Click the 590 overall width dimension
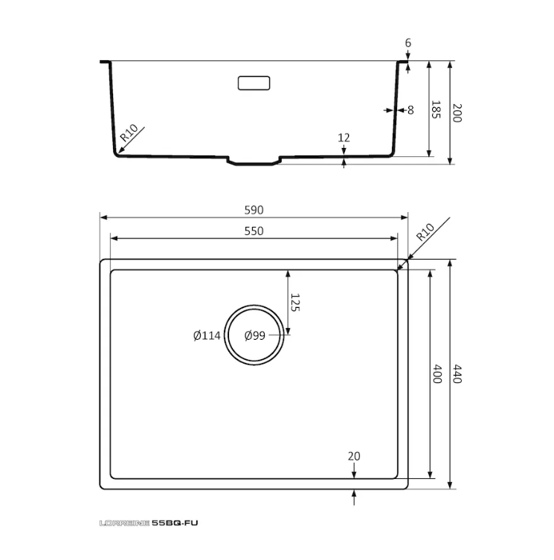(x=254, y=210)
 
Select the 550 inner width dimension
(x=254, y=231)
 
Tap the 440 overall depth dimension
(x=457, y=374)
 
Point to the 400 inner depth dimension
(x=437, y=374)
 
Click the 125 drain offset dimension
(x=295, y=303)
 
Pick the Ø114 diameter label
(x=207, y=335)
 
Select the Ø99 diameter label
(x=254, y=335)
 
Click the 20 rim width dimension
(x=354, y=456)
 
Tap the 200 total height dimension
(x=457, y=113)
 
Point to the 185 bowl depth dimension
(x=436, y=109)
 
